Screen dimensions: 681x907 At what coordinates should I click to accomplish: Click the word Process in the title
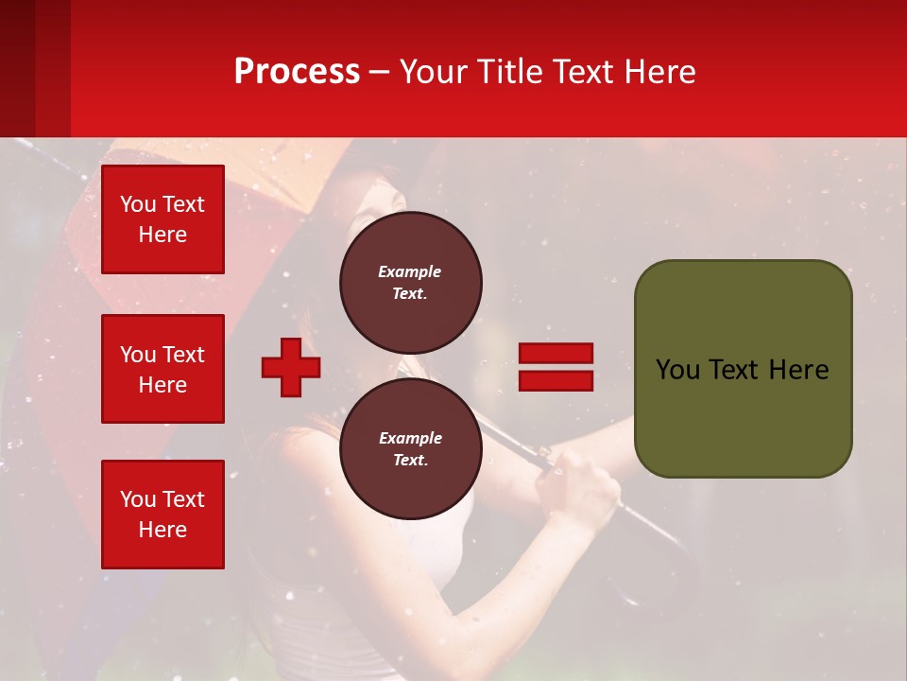tap(297, 72)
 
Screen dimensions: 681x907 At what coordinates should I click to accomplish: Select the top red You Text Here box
tap(163, 219)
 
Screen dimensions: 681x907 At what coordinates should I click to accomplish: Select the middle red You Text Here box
tap(163, 369)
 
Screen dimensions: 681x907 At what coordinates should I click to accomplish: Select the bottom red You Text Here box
tap(163, 514)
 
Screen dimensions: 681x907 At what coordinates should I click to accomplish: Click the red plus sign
tap(291, 367)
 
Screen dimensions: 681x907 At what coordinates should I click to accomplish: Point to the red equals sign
tap(556, 367)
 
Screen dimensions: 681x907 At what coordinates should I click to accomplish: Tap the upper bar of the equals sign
tap(556, 353)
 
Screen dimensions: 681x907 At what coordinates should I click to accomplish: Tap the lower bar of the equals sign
tap(556, 381)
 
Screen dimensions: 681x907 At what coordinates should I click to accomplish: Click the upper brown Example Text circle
tap(410, 282)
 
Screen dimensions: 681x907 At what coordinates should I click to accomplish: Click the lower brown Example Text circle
tap(410, 448)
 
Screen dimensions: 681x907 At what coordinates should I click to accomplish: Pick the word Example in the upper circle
tap(410, 271)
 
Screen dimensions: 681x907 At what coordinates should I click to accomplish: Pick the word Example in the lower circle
tap(410, 438)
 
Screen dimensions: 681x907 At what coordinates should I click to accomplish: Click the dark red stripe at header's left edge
tap(17, 68)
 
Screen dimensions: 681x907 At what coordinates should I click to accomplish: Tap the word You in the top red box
tap(137, 204)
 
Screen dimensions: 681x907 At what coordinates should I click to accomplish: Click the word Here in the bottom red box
tap(163, 530)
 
